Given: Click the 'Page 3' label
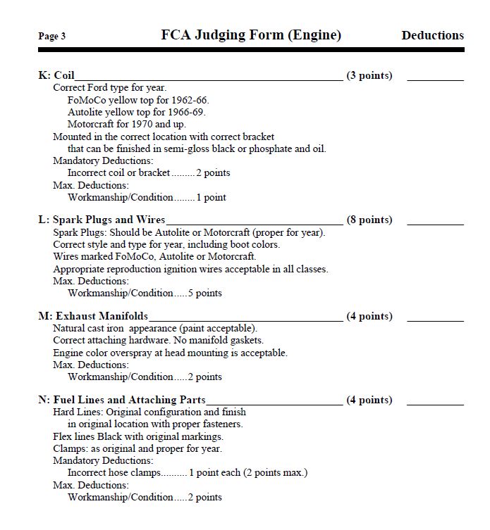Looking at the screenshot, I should [52, 37].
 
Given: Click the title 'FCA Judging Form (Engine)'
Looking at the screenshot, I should [251, 34].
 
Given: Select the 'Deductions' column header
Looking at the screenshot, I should [432, 35].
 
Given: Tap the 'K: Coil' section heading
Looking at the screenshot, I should [56, 75].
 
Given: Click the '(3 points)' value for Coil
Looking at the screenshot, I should [369, 75].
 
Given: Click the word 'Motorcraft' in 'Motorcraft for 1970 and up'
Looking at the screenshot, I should [90, 125].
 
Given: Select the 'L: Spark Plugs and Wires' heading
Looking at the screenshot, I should [102, 220].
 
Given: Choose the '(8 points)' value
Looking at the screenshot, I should [369, 220].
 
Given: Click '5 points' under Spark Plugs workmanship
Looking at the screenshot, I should [204, 293].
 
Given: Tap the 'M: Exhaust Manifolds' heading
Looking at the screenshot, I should [93, 316].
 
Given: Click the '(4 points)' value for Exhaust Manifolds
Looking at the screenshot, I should [369, 316].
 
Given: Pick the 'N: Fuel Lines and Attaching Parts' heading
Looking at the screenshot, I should [122, 400].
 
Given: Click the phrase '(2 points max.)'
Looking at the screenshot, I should [275, 473].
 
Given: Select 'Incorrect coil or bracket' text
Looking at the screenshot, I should [118, 173].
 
